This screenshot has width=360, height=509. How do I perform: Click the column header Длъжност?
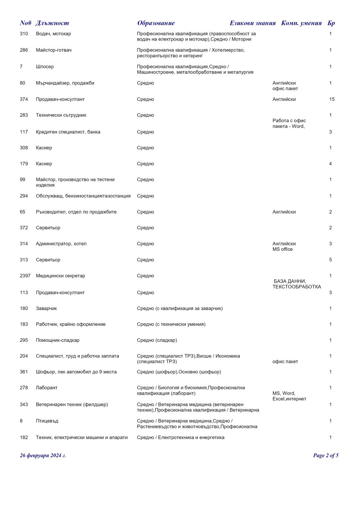click(x=52, y=23)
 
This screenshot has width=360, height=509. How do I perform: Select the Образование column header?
click(x=156, y=23)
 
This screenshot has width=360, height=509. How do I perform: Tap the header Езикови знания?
click(x=252, y=23)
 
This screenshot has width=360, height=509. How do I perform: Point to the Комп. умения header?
click(x=301, y=23)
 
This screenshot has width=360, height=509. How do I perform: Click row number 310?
click(x=24, y=34)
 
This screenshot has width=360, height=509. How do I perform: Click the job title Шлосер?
click(x=45, y=67)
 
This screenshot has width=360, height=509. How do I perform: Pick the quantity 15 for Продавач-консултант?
click(x=332, y=99)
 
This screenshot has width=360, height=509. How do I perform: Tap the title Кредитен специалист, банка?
click(x=68, y=132)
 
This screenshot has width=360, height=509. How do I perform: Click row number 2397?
click(x=25, y=276)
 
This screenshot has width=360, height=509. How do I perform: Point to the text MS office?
click(x=283, y=249)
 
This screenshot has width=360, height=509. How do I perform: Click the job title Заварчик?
click(x=46, y=308)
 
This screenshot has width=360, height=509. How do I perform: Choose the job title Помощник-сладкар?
click(x=58, y=340)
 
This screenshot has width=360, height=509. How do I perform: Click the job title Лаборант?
click(x=47, y=388)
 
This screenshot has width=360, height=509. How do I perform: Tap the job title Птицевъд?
click(x=47, y=421)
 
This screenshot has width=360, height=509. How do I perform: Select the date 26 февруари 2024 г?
click(x=43, y=456)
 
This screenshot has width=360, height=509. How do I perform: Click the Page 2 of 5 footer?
click(x=326, y=456)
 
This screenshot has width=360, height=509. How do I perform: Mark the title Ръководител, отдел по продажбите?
click(x=76, y=212)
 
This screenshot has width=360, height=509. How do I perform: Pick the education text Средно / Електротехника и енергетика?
click(x=181, y=437)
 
